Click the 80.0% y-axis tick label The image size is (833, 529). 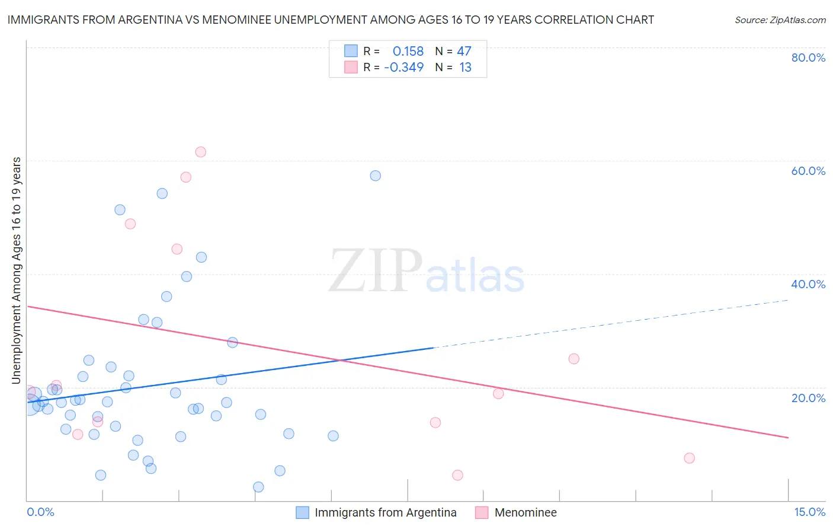pyautogui.click(x=808, y=58)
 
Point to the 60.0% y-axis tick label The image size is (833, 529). pyautogui.click(x=808, y=171)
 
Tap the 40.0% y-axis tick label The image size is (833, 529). pyautogui.click(x=808, y=284)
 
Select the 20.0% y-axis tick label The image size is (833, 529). pyautogui.click(x=808, y=398)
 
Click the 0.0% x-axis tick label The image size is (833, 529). pyautogui.click(x=40, y=512)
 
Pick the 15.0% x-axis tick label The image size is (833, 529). pyautogui.click(x=809, y=512)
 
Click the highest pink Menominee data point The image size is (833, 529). pyautogui.click(x=200, y=152)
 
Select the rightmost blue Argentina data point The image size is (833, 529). pyautogui.click(x=375, y=176)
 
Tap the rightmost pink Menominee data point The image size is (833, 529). pyautogui.click(x=689, y=458)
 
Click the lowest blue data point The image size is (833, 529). pyautogui.click(x=258, y=487)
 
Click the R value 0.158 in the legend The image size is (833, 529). pyautogui.click(x=408, y=52)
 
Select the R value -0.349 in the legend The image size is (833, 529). pyautogui.click(x=404, y=68)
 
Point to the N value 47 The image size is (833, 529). pyautogui.click(x=464, y=52)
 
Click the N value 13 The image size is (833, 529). pyautogui.click(x=465, y=68)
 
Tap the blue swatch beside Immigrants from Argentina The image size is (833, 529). pyautogui.click(x=302, y=512)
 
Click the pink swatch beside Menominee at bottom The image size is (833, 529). pyautogui.click(x=482, y=512)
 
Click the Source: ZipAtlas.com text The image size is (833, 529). pyautogui.click(x=780, y=20)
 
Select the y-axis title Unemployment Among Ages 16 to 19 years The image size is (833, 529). pyautogui.click(x=16, y=270)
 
